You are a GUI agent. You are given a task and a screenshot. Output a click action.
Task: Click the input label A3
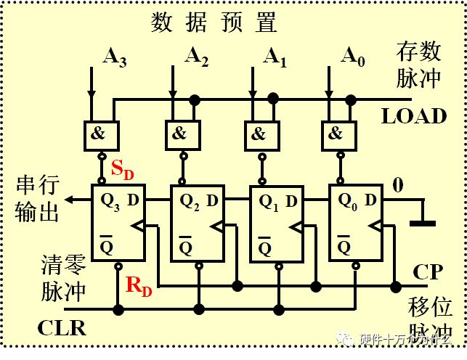[115, 58]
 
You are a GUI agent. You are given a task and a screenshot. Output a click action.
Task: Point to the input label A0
[352, 56]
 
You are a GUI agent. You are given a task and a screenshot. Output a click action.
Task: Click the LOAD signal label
[414, 115]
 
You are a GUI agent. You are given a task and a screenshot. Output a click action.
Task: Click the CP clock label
[429, 273]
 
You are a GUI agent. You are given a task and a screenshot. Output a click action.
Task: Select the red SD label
[122, 170]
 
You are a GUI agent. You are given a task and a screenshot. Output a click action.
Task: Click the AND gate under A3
[101, 134]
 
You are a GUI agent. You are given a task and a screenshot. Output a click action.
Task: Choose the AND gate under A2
[179, 134]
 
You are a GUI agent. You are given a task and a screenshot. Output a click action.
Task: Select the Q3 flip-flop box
[117, 222]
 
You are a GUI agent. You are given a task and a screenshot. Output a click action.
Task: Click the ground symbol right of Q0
[422, 223]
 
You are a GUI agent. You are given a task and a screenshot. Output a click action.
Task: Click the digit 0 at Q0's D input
[397, 186]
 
